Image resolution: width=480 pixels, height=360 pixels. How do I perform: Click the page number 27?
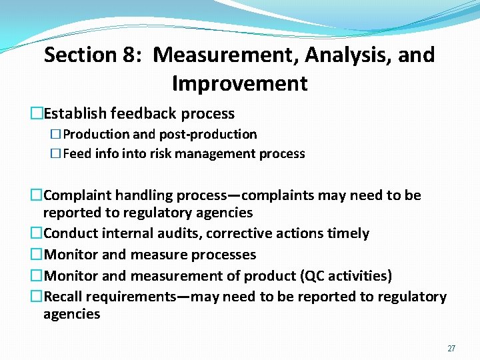pyautogui.click(x=451, y=349)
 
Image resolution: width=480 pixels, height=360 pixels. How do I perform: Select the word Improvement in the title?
pyautogui.click(x=239, y=84)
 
